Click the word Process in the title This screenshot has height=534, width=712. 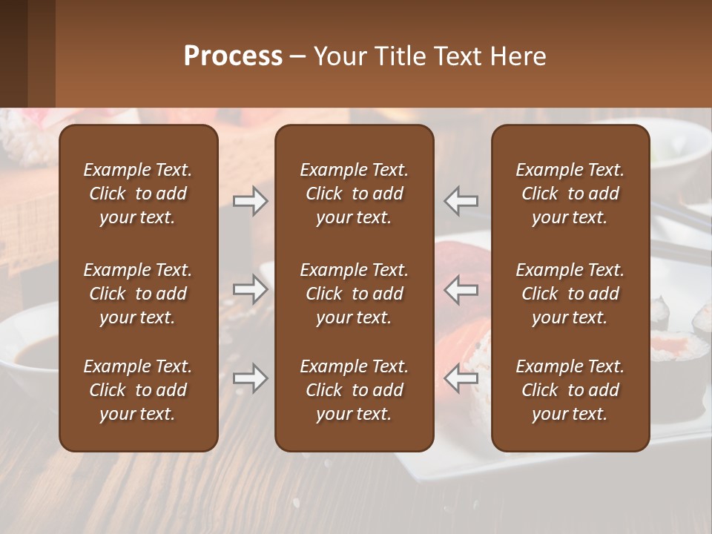point(233,56)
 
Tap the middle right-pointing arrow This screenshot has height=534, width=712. point(250,289)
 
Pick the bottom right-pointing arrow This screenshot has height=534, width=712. point(250,379)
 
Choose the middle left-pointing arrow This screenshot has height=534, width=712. point(461,289)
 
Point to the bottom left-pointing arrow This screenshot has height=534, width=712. point(461,379)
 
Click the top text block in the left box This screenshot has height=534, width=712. point(138,194)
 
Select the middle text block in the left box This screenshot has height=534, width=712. point(138,294)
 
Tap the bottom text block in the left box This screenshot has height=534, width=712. point(138,390)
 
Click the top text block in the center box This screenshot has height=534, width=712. point(354,194)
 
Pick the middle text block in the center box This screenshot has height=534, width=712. point(354,294)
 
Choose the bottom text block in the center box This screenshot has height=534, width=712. point(354,390)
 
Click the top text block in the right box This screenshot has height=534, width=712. point(570,194)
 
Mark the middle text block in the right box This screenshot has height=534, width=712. point(570,294)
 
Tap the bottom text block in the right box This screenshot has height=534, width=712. point(570,390)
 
